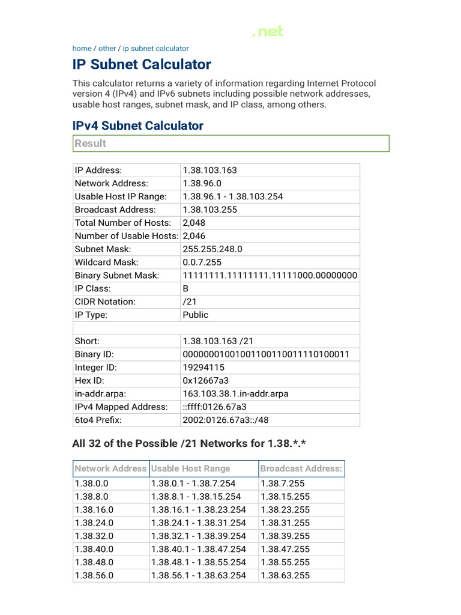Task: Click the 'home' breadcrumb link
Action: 82,49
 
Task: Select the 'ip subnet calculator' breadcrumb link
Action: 155,49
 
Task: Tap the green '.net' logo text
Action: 268,32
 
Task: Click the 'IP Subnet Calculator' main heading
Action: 142,64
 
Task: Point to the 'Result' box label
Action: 90,144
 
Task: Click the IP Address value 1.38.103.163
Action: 209,170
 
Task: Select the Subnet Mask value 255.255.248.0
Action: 212,249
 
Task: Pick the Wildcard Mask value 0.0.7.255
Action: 202,262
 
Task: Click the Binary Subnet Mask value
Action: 270,276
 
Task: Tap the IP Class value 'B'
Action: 186,289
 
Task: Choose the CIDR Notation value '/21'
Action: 190,302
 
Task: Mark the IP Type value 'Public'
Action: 196,315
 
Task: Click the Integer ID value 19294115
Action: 203,368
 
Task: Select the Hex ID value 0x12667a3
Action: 206,381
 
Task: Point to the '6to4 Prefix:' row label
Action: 98,420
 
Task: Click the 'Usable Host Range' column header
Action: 190,468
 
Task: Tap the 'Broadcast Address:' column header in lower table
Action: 301,468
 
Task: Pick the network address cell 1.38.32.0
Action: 94,536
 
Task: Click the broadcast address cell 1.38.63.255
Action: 285,575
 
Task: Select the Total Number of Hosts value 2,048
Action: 194,223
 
